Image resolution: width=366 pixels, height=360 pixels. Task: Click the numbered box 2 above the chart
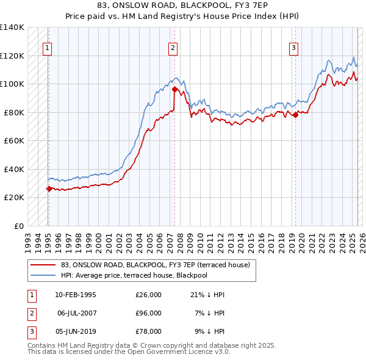[x=173, y=48]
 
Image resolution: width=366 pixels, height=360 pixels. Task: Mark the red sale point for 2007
[x=175, y=89]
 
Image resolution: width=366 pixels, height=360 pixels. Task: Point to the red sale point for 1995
[x=49, y=189]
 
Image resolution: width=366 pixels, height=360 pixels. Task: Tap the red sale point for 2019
[x=295, y=115]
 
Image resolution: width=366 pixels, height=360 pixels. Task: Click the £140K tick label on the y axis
[x=12, y=27]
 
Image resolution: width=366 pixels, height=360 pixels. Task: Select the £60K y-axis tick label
[x=14, y=140]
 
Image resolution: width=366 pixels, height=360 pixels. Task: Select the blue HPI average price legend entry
[x=134, y=275]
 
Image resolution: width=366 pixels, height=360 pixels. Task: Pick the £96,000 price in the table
[x=148, y=313]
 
